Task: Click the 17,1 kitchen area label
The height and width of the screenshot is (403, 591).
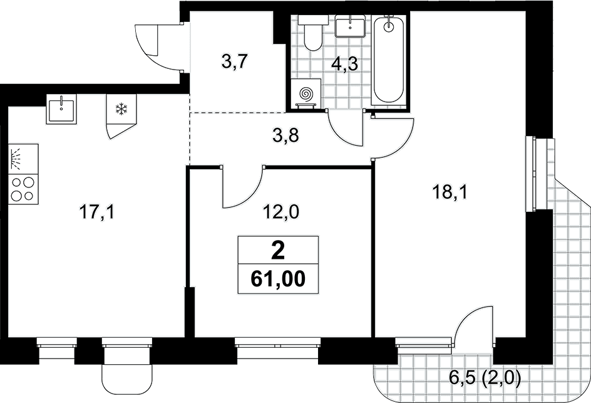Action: point(97,212)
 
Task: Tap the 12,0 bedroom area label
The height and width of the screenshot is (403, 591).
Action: point(281,212)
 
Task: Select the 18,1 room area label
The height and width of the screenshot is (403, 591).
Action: point(450,192)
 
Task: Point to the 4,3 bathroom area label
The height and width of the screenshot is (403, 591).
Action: point(344,64)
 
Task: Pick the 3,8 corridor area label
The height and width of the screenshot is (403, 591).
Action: point(285,135)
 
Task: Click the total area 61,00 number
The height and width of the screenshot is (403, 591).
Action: point(278,279)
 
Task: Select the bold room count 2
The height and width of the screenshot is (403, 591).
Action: point(278,251)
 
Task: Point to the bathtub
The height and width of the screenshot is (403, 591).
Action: point(389,60)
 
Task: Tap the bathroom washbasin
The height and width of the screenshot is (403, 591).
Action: point(350,26)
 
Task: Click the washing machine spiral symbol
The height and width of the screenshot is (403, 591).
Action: point(306,94)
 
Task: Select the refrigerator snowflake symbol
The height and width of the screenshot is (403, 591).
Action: point(121,110)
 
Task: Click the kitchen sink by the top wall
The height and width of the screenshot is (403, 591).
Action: point(61,108)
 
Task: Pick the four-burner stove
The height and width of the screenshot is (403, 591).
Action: point(23,189)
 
